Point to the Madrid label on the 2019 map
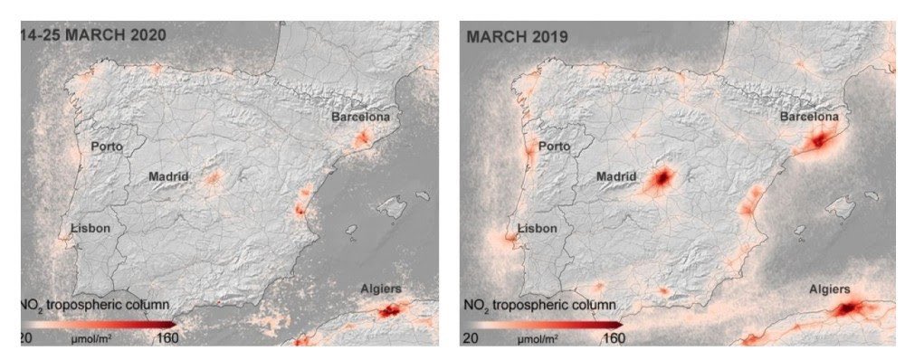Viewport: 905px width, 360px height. pos(618,177)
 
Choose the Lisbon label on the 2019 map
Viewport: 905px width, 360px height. pos(537,229)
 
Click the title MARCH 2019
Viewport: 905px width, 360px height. pos(517,37)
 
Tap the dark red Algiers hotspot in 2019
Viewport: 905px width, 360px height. pos(850,309)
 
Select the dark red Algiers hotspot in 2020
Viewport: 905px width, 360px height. pos(390,311)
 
